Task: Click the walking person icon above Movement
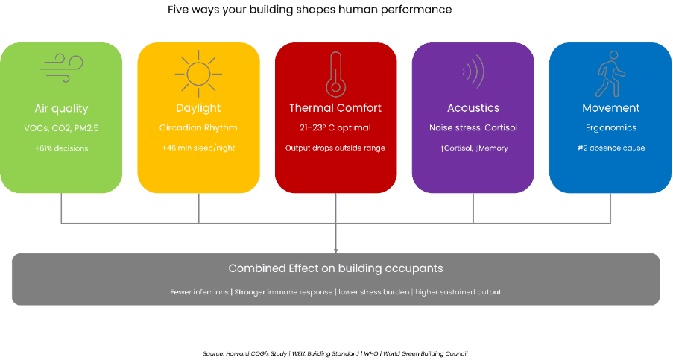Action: [610, 72]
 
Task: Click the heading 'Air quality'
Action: [61, 108]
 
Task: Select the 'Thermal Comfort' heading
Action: [335, 108]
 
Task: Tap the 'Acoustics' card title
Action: [473, 108]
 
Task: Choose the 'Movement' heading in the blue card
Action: [611, 108]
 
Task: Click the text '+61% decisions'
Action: [61, 148]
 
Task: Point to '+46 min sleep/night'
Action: [198, 148]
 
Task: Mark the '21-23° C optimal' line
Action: [335, 128]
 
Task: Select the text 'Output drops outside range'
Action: [335, 148]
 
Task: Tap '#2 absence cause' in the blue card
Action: [611, 148]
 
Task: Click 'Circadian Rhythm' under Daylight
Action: [198, 128]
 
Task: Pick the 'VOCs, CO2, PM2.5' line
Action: [61, 128]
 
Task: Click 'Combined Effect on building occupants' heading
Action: [335, 268]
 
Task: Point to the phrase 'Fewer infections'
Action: [199, 292]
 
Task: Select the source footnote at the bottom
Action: [335, 353]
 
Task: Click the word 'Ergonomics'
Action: [611, 128]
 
